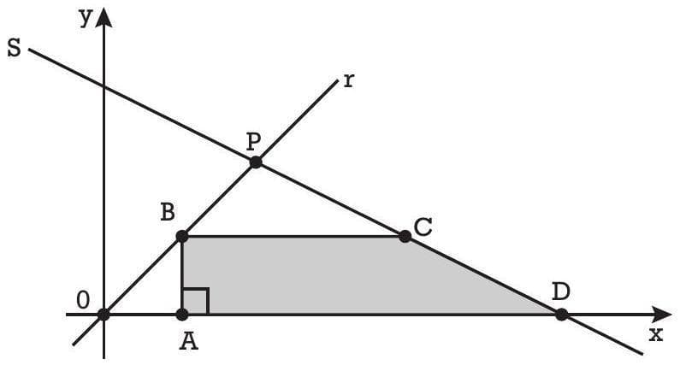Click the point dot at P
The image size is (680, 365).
254,162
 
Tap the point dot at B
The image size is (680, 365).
182,236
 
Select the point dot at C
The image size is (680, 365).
403,236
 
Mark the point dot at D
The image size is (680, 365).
561,314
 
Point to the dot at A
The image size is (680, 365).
182,314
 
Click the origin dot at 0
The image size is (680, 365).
103,314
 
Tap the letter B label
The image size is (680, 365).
168,213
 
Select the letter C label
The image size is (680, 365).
422,227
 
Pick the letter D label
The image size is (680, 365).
560,291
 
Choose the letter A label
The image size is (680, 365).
190,342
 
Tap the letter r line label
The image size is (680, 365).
349,81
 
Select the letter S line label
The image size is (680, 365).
14,49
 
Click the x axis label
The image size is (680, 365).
655,334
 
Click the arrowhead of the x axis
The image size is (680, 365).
663,314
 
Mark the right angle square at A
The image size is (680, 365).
195,302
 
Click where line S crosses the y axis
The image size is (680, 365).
103,86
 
